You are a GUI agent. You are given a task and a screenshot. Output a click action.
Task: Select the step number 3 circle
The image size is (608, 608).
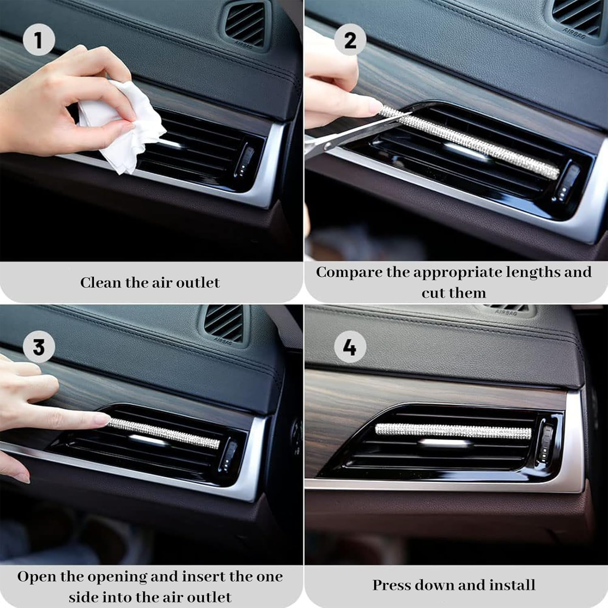click(39, 347)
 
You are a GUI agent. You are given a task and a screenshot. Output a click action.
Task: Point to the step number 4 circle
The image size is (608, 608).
click(350, 347)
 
